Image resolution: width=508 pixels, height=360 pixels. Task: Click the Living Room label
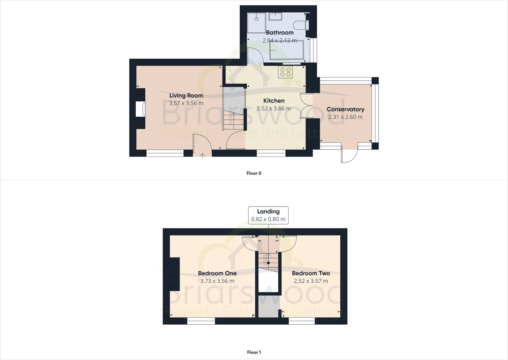(186, 96)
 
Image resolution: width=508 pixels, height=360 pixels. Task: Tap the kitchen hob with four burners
(285, 72)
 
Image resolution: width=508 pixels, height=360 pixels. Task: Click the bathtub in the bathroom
(286, 51)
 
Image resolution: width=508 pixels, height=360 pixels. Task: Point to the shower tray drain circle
(257, 19)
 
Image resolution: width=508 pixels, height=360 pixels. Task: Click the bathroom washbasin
(275, 16)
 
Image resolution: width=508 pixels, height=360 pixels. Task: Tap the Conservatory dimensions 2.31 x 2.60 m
(345, 117)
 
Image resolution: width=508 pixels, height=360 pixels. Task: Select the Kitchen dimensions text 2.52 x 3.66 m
(274, 109)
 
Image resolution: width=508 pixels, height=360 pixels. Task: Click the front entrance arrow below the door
(203, 156)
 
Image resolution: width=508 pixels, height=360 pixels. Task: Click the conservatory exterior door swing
(349, 157)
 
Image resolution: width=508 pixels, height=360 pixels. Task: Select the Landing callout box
(268, 215)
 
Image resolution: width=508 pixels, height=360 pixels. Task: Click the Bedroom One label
(217, 273)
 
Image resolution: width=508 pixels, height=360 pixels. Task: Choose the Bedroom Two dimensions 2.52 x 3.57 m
(311, 281)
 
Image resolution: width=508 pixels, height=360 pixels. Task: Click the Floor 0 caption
(254, 173)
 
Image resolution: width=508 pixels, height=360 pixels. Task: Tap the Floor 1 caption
(254, 352)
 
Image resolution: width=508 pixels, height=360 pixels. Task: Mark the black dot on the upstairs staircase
(268, 263)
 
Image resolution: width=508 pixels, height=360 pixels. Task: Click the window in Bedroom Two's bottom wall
(302, 321)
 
